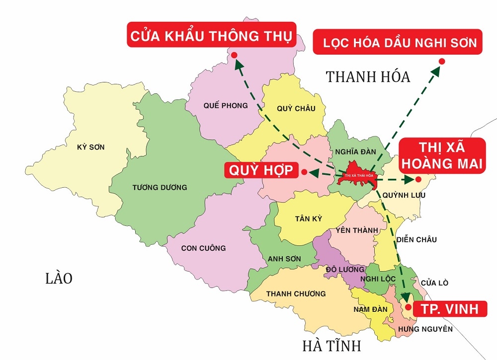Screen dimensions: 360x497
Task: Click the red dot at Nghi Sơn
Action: coord(442,61)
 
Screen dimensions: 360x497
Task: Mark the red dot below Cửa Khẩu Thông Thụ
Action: coord(234,56)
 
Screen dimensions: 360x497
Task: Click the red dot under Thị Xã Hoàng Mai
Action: coord(418,179)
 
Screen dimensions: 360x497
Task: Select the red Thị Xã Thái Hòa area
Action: coord(356,175)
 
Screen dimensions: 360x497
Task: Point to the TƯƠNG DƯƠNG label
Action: coord(153,187)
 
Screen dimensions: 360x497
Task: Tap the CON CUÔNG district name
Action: coord(203,248)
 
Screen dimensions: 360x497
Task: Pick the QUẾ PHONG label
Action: coord(219,105)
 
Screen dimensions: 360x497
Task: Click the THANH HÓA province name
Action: coord(368,77)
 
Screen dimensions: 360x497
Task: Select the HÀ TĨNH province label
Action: coord(331,345)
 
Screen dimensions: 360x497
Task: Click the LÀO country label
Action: coord(59,278)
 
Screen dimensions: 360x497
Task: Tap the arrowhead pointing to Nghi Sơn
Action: coord(434,70)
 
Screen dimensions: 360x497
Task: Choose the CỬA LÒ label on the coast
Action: coord(434,283)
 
